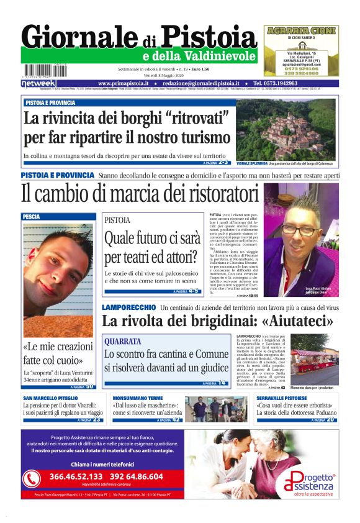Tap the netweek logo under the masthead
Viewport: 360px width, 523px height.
38,83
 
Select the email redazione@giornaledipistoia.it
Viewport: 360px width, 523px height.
202,83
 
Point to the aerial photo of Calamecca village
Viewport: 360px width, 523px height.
286,129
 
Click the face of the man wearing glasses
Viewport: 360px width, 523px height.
299,229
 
